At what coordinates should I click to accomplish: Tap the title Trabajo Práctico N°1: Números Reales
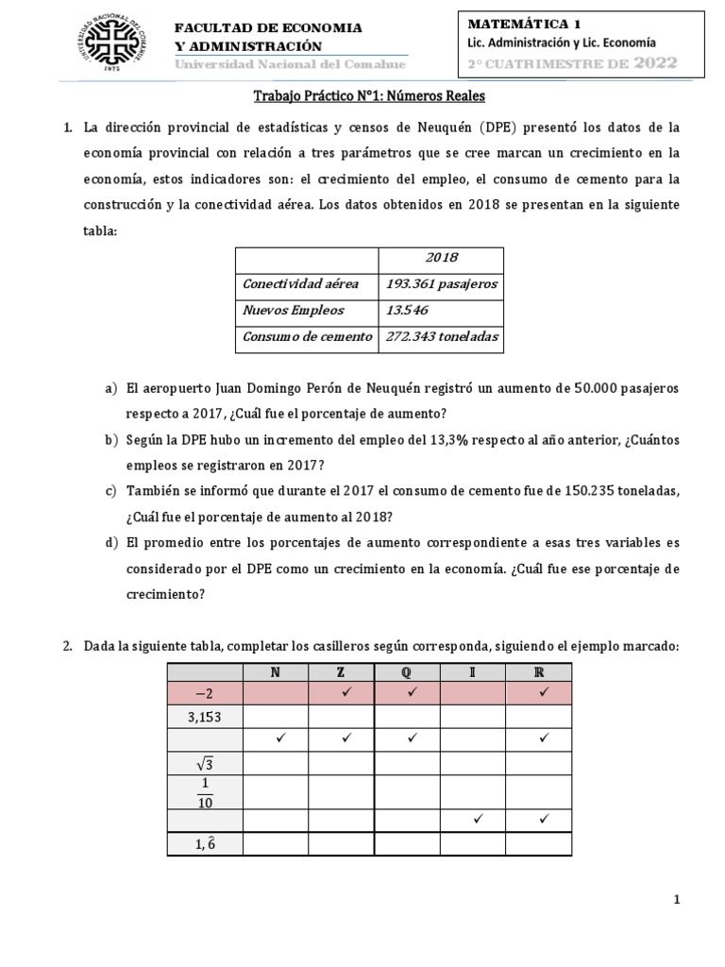pos(370,96)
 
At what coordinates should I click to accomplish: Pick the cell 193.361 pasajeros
pos(441,284)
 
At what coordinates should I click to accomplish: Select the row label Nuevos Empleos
pos(294,310)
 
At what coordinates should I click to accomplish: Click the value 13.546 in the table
pos(408,310)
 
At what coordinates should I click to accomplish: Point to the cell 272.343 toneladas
pos(441,335)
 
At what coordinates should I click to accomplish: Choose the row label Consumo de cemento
pos(307,335)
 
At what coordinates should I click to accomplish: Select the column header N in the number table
pos(276,672)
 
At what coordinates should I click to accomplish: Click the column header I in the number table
pos(474,672)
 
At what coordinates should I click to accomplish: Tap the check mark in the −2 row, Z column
pos(342,693)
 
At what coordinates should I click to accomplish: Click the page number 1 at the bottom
pos(677,900)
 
